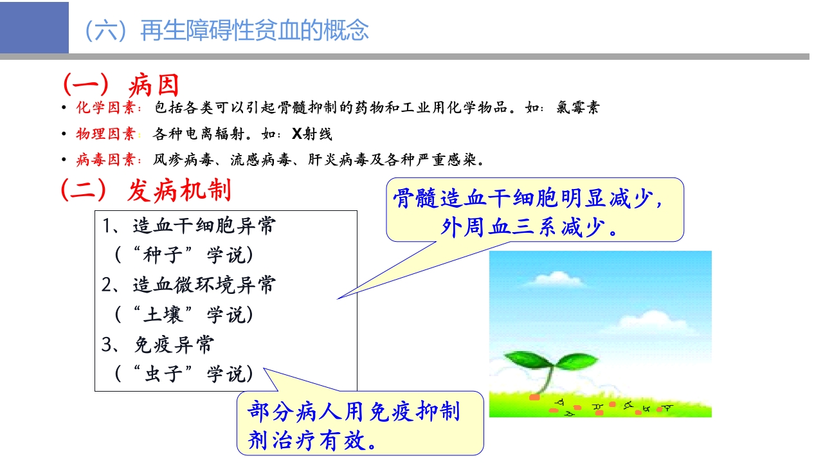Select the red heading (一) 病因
(x=120, y=85)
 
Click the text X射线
(x=312, y=134)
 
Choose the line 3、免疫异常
(x=158, y=345)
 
